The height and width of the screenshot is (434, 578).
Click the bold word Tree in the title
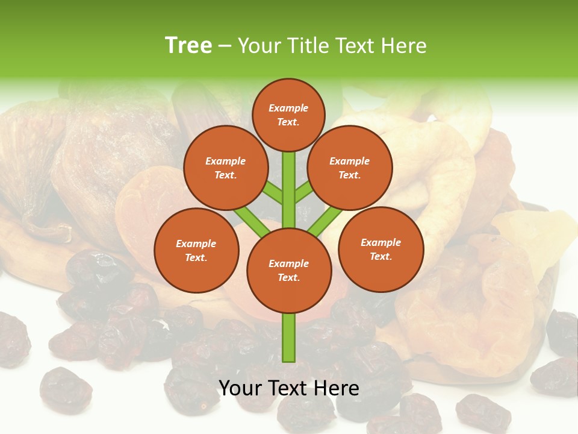(x=188, y=45)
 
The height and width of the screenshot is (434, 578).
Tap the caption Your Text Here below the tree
(x=288, y=388)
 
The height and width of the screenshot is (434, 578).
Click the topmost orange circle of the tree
(x=288, y=115)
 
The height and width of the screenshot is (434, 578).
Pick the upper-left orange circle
(x=225, y=168)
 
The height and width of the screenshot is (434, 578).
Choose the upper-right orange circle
(x=350, y=168)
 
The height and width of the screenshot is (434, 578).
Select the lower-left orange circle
(x=196, y=250)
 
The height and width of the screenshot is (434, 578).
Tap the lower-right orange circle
(x=381, y=249)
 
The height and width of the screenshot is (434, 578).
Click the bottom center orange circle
(x=288, y=270)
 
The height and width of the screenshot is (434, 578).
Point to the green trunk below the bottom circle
(x=288, y=338)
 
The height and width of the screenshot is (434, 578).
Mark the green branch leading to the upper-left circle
(x=273, y=193)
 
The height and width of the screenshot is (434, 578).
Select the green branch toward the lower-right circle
(x=325, y=221)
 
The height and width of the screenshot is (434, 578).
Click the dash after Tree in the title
(x=225, y=46)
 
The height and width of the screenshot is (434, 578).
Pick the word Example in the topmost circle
(x=288, y=108)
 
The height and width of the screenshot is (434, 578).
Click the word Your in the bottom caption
(x=240, y=388)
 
